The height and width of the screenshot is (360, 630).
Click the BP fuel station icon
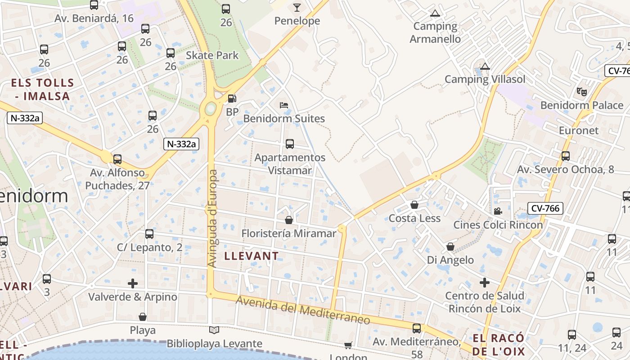[232, 99]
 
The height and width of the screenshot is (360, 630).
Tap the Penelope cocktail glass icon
[297, 7]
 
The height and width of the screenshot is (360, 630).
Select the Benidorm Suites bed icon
[284, 105]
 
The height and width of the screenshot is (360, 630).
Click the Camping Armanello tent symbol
[434, 13]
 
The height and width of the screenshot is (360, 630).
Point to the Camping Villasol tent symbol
[485, 67]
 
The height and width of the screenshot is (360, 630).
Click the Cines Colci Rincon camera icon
[498, 211]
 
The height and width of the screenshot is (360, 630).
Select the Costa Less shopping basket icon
[414, 205]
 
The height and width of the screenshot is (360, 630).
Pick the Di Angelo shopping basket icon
[450, 247]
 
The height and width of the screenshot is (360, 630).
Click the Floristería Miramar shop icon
[289, 220]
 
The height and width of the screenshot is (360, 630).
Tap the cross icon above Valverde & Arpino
[133, 283]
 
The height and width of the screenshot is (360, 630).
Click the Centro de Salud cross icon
[484, 283]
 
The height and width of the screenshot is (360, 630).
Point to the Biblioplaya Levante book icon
[214, 330]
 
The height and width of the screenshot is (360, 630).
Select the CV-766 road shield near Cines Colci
[545, 208]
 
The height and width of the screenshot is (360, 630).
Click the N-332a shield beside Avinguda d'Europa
[181, 144]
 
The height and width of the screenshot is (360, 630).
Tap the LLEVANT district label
[252, 256]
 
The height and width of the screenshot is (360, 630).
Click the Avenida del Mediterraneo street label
[303, 310]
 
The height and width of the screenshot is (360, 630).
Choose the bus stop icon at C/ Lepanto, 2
[149, 234]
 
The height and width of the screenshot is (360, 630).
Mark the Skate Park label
[212, 55]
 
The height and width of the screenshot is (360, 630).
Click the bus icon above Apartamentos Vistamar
[290, 144]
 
